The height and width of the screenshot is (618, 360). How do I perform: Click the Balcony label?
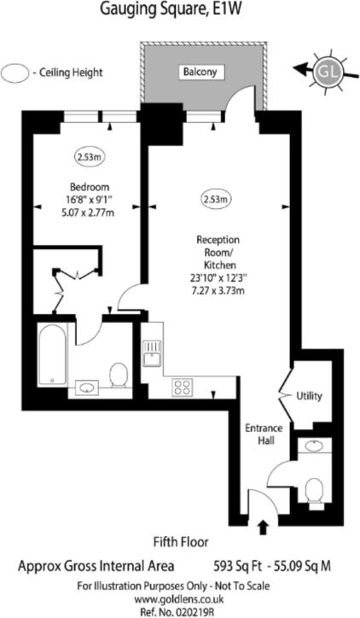pyautogui.click(x=202, y=73)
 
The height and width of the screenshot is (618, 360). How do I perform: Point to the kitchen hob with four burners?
pyautogui.click(x=182, y=386)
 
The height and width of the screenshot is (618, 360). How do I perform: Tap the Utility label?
pyautogui.click(x=308, y=396)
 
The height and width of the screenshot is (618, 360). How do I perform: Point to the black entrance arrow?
pyautogui.click(x=262, y=526)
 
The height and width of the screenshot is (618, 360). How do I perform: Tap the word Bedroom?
pyautogui.click(x=90, y=188)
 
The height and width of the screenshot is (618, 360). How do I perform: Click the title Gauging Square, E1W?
pyautogui.click(x=179, y=11)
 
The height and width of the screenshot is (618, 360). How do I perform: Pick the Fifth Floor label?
pyautogui.click(x=181, y=541)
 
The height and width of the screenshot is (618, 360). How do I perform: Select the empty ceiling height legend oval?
pyautogui.click(x=15, y=73)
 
